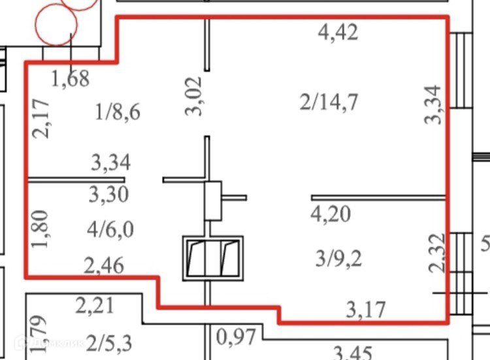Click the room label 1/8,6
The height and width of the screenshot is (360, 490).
[118, 112]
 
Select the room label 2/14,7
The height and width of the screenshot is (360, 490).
[329, 102]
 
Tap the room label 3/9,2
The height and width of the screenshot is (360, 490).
[338, 258]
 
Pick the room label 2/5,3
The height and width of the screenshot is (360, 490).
[108, 342]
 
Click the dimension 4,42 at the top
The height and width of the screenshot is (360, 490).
[338, 31]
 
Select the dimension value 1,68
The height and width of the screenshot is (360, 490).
[70, 78]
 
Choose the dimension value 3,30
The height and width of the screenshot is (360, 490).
[108, 194]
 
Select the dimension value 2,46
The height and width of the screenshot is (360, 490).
[103, 265]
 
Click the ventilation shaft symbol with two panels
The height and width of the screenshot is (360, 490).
[212, 257]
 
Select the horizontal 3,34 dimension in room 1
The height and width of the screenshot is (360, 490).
[111, 162]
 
